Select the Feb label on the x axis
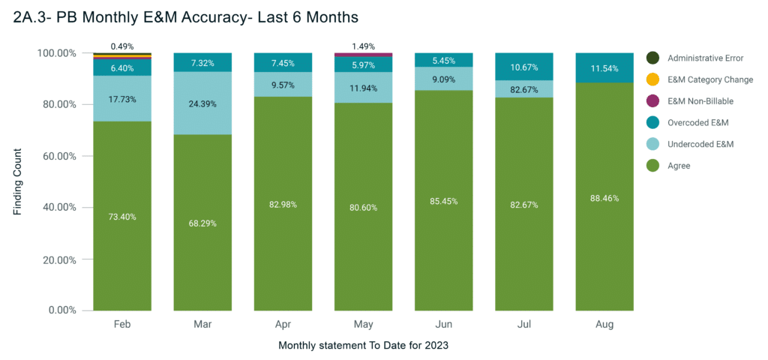122,325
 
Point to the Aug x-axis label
604,325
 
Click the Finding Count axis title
18,181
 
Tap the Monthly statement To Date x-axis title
363,346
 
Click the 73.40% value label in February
122,217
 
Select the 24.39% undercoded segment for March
202,103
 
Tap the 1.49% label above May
363,46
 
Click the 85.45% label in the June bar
443,201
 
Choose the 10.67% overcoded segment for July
523,67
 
